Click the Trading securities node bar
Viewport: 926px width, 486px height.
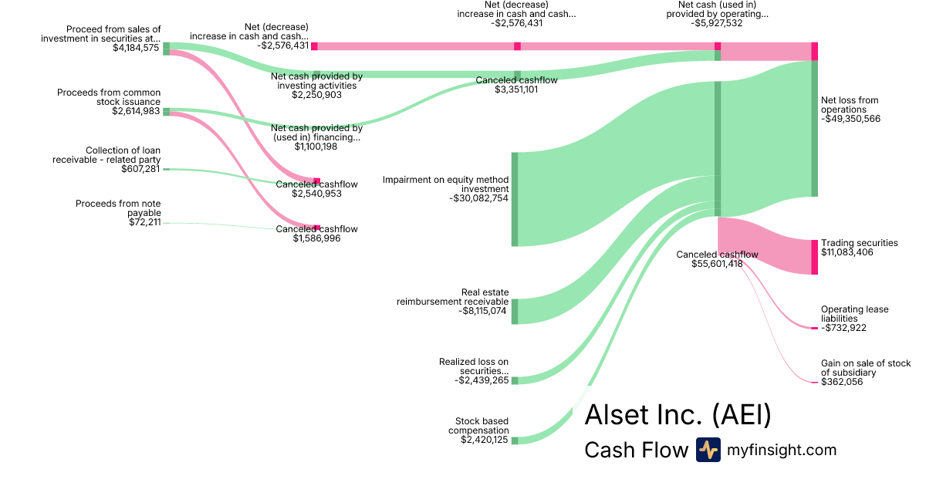814,257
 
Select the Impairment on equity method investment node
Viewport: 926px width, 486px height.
515,199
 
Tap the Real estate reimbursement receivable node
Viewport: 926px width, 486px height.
515,311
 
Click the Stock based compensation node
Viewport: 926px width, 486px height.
515,440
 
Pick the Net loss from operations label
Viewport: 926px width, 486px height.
850,105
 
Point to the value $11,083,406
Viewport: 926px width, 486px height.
847,252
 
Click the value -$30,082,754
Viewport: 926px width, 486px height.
478,198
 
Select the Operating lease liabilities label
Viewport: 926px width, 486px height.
854,314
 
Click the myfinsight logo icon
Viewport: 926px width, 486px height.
708,450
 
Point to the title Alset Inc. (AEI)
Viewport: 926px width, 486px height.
678,415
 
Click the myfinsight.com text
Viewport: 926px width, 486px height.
782,450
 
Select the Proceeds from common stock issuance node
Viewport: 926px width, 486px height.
166,112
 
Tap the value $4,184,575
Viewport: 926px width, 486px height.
136,48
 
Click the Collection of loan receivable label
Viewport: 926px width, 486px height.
106,155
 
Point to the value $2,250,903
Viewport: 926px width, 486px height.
316,95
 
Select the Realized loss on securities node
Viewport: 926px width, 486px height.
515,380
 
